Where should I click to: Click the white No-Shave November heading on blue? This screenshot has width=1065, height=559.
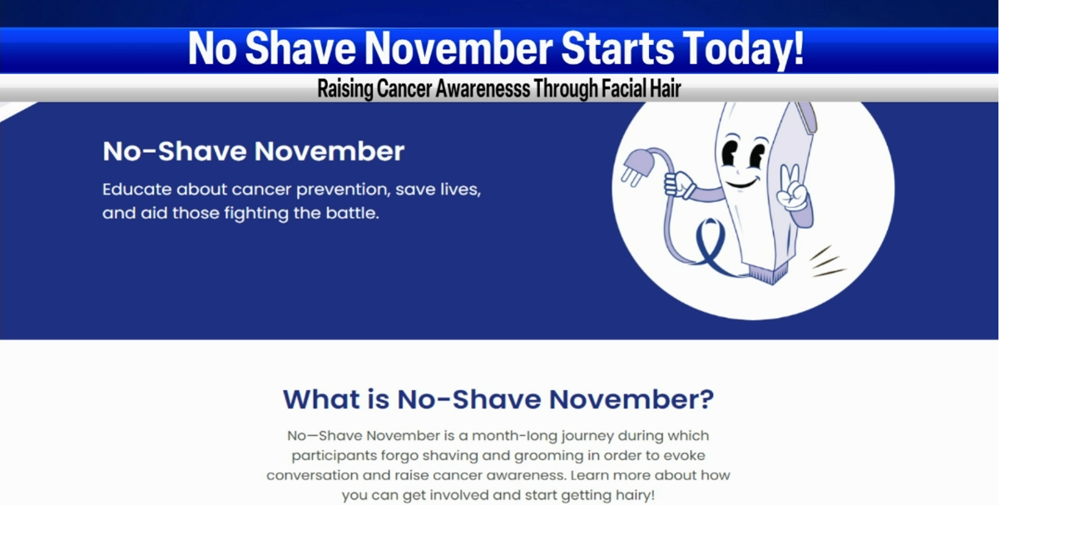coord(253,151)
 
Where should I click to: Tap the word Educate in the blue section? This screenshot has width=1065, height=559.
coord(136,190)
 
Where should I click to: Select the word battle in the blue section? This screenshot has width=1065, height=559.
coord(353,213)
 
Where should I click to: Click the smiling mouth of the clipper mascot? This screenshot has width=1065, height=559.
coord(741,180)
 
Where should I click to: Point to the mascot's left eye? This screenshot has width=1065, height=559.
coord(730,154)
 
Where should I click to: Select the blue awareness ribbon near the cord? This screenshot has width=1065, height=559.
coord(713,245)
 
